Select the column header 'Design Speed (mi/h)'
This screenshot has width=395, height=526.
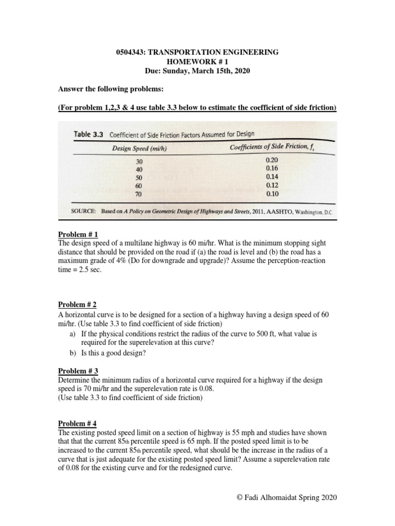tap(140, 149)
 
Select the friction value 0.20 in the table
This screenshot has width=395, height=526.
tap(272, 160)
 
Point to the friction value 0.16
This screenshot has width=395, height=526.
tap(272, 168)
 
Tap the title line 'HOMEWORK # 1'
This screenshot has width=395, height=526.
tap(197, 62)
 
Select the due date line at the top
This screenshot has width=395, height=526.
tap(197, 71)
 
